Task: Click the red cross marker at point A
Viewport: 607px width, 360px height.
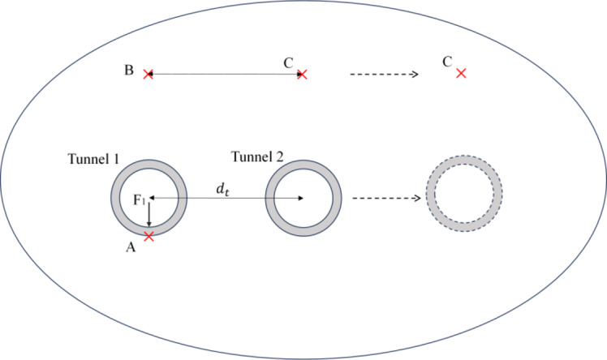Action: (x=149, y=237)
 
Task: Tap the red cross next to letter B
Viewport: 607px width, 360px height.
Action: (x=148, y=74)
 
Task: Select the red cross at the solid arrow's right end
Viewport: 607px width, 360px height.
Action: (x=303, y=74)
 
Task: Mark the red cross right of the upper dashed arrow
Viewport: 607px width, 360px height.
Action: (x=461, y=73)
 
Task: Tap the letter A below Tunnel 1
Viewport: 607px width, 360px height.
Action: (x=129, y=250)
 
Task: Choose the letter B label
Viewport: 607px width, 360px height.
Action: (x=128, y=71)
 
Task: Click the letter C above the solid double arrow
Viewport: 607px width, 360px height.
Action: (x=288, y=62)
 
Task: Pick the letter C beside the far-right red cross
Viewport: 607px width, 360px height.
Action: (x=446, y=62)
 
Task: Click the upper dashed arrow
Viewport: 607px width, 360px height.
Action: (x=383, y=74)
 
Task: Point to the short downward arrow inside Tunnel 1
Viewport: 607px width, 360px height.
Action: (x=149, y=215)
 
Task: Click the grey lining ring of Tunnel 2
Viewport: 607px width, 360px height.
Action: (x=271, y=198)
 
